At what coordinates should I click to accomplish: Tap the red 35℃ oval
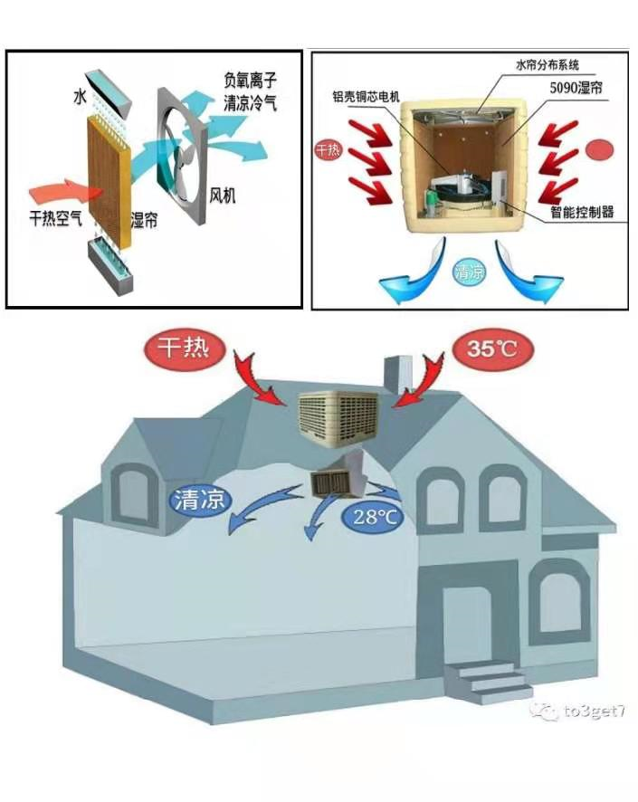coord(492,348)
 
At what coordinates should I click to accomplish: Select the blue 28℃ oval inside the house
coord(375,518)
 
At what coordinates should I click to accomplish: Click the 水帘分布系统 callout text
coord(548,65)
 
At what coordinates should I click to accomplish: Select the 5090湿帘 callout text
coord(576,89)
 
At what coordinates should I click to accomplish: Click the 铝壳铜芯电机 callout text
coord(364,93)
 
